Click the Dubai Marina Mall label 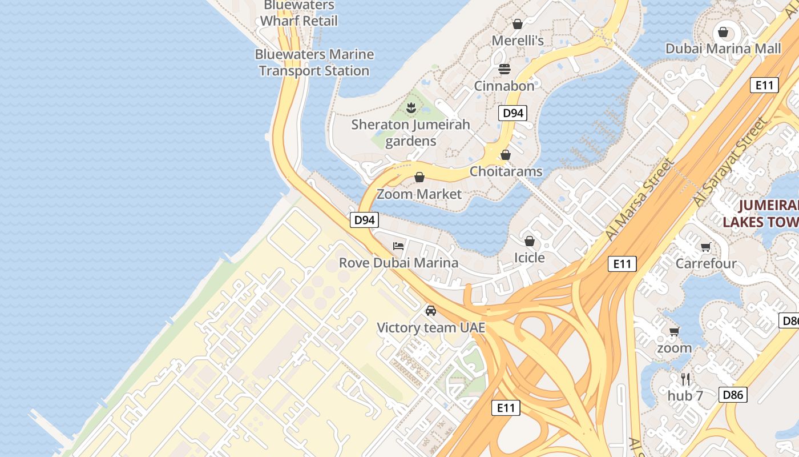[723, 49]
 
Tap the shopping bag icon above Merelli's [518, 24]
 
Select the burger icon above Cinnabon [505, 69]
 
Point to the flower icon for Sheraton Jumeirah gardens [410, 107]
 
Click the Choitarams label [506, 171]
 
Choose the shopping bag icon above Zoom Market [419, 177]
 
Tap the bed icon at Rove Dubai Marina [398, 246]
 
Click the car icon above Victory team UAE [431, 311]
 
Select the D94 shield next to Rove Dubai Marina [364, 219]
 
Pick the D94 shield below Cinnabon [513, 113]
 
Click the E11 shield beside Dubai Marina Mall [764, 85]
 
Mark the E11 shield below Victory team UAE [506, 407]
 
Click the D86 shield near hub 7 [733, 394]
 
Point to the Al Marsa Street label [640, 198]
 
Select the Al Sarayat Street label [731, 162]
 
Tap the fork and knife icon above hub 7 [685, 378]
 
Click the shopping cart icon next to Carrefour [706, 247]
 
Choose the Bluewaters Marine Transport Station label [314, 63]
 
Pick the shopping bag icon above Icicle [530, 241]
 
